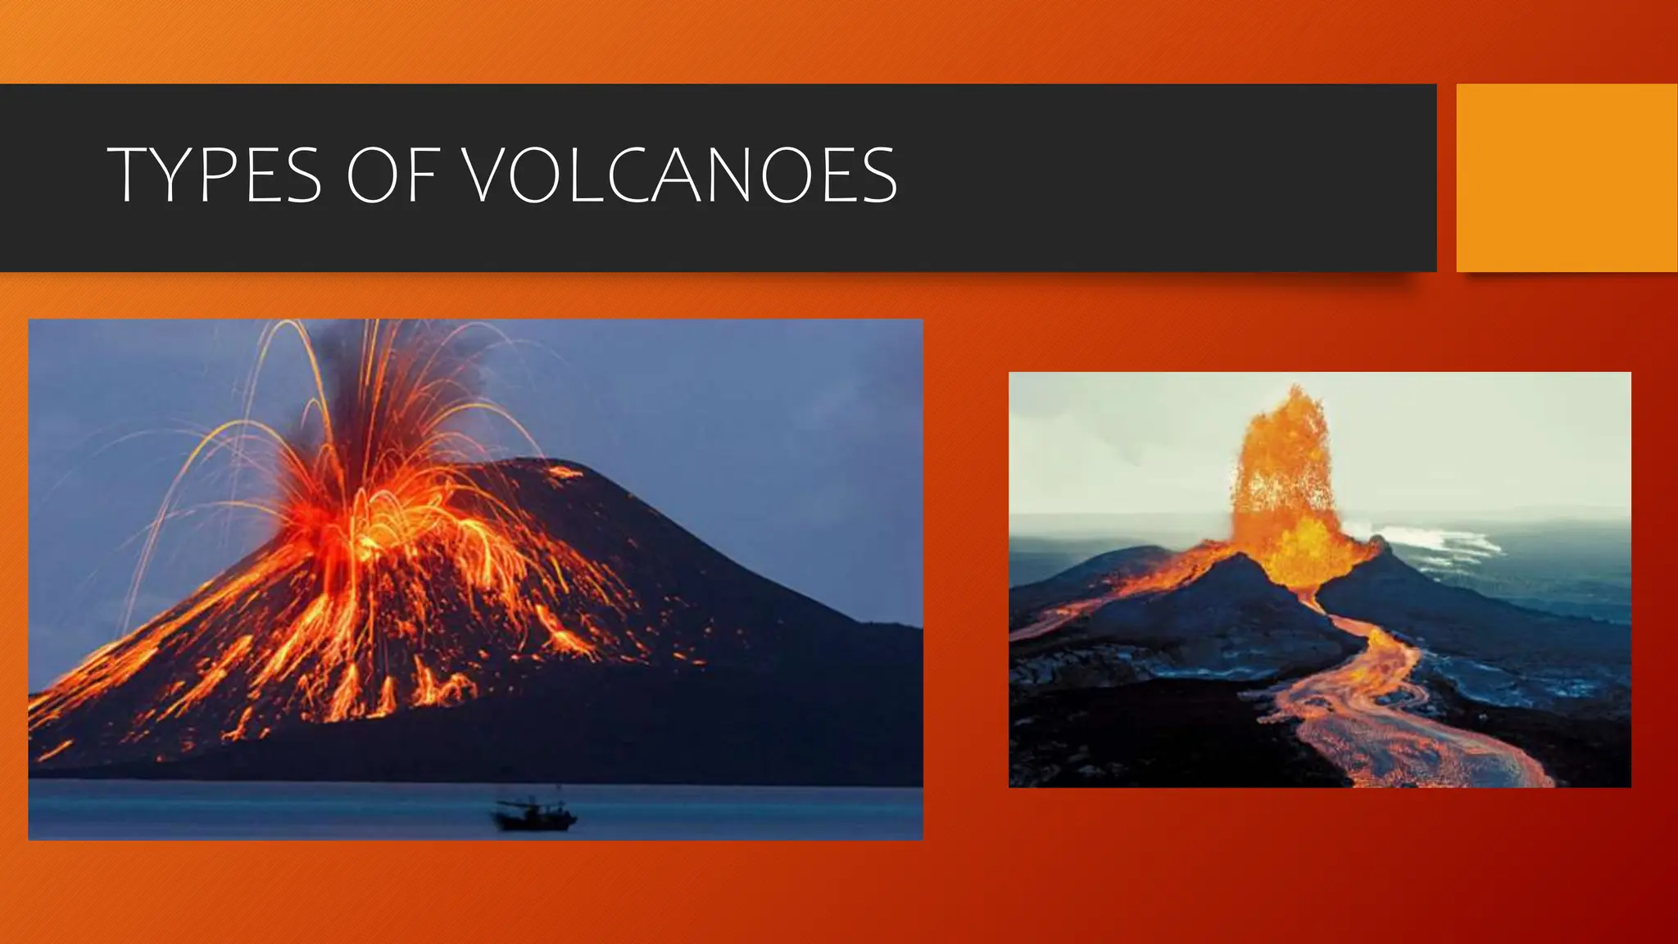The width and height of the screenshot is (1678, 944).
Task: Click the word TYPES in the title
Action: [215, 175]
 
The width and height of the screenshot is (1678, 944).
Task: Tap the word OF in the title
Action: [390, 175]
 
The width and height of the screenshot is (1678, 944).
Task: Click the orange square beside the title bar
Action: [1567, 178]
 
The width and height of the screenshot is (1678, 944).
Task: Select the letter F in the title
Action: [420, 175]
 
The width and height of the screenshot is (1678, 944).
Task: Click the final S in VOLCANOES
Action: [878, 175]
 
